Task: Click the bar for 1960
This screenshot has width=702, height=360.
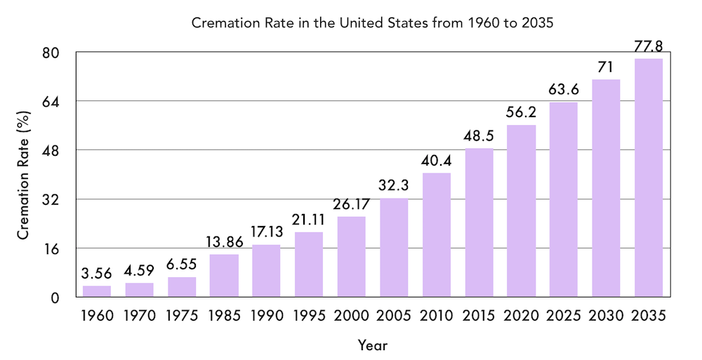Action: click(97, 291)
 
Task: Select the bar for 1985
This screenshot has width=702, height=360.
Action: click(224, 275)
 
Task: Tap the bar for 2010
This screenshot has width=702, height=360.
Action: click(436, 234)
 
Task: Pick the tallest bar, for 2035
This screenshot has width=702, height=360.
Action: click(648, 178)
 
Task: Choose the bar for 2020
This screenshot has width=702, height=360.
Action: click(521, 211)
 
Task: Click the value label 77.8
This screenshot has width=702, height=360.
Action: click(648, 46)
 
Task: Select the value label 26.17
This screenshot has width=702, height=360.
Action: click(351, 204)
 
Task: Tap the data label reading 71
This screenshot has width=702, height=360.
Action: click(606, 67)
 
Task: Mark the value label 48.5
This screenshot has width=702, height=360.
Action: click(479, 136)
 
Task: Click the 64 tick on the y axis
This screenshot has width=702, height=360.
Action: click(49, 102)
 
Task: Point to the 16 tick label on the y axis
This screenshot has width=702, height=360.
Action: click(50, 248)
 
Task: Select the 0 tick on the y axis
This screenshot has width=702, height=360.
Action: click(54, 298)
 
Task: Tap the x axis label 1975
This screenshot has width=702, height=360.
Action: click(182, 316)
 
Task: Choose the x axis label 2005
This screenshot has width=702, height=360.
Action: click(394, 316)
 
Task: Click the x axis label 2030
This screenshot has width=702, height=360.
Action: click(606, 316)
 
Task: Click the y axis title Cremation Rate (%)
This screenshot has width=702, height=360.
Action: click(23, 175)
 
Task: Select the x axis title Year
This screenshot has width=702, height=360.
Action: click(372, 345)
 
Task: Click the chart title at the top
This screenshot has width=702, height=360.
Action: click(373, 22)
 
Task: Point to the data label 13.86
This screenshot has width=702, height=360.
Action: click(224, 242)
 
